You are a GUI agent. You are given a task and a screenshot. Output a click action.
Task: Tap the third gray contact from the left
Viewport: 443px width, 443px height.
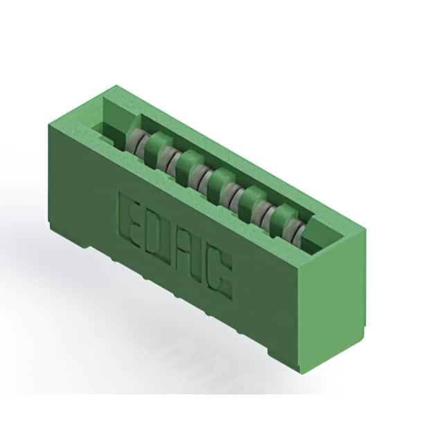point(200,177)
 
